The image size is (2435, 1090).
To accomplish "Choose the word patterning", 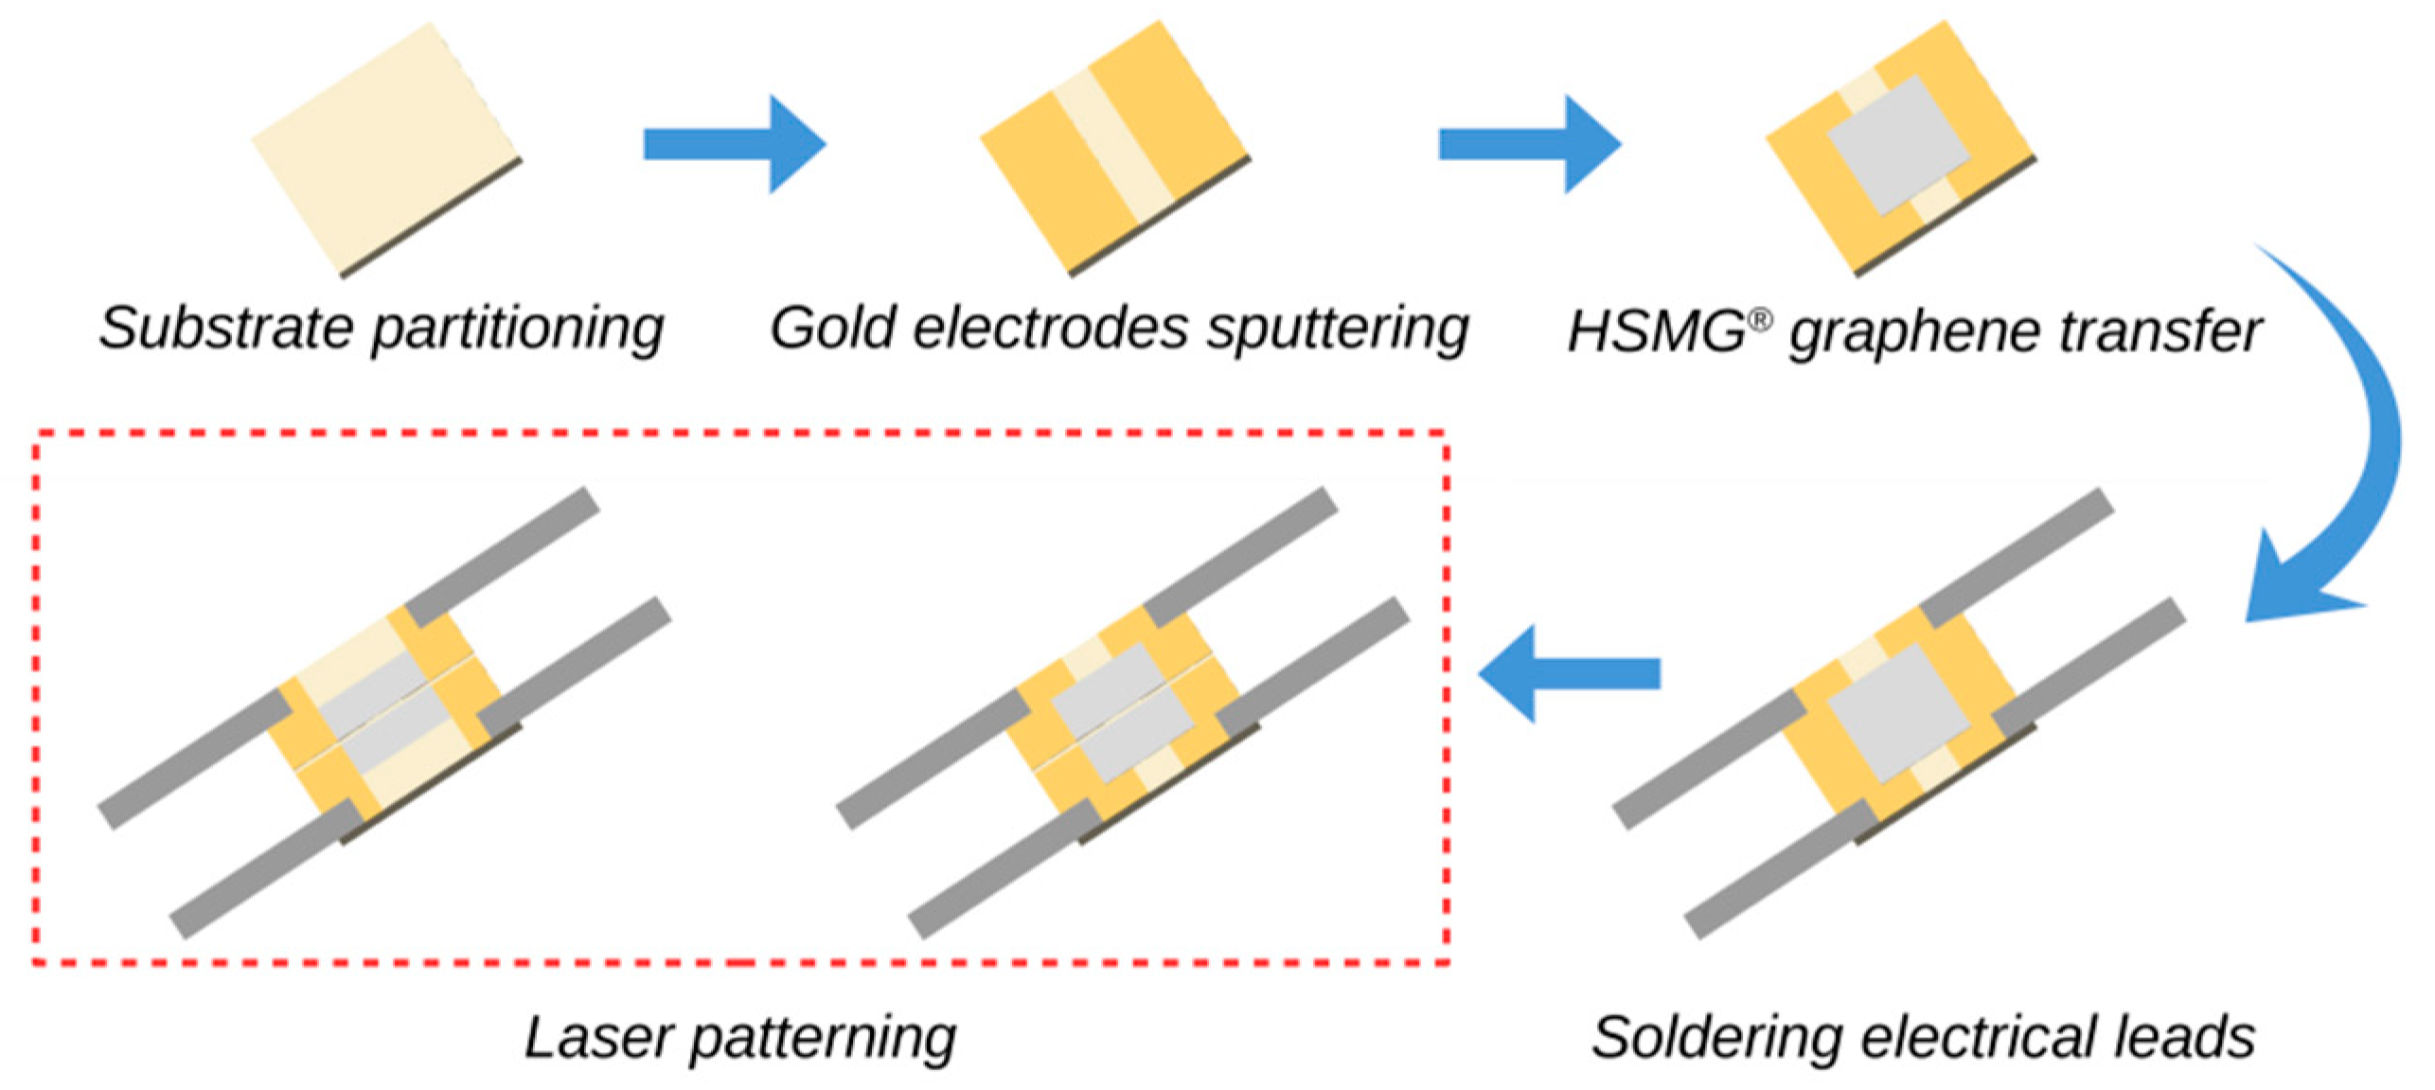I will click(x=823, y=1039).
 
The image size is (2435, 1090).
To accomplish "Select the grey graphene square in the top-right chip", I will click(x=1898, y=144).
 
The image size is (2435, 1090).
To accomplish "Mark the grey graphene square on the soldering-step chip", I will click(x=1898, y=712).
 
